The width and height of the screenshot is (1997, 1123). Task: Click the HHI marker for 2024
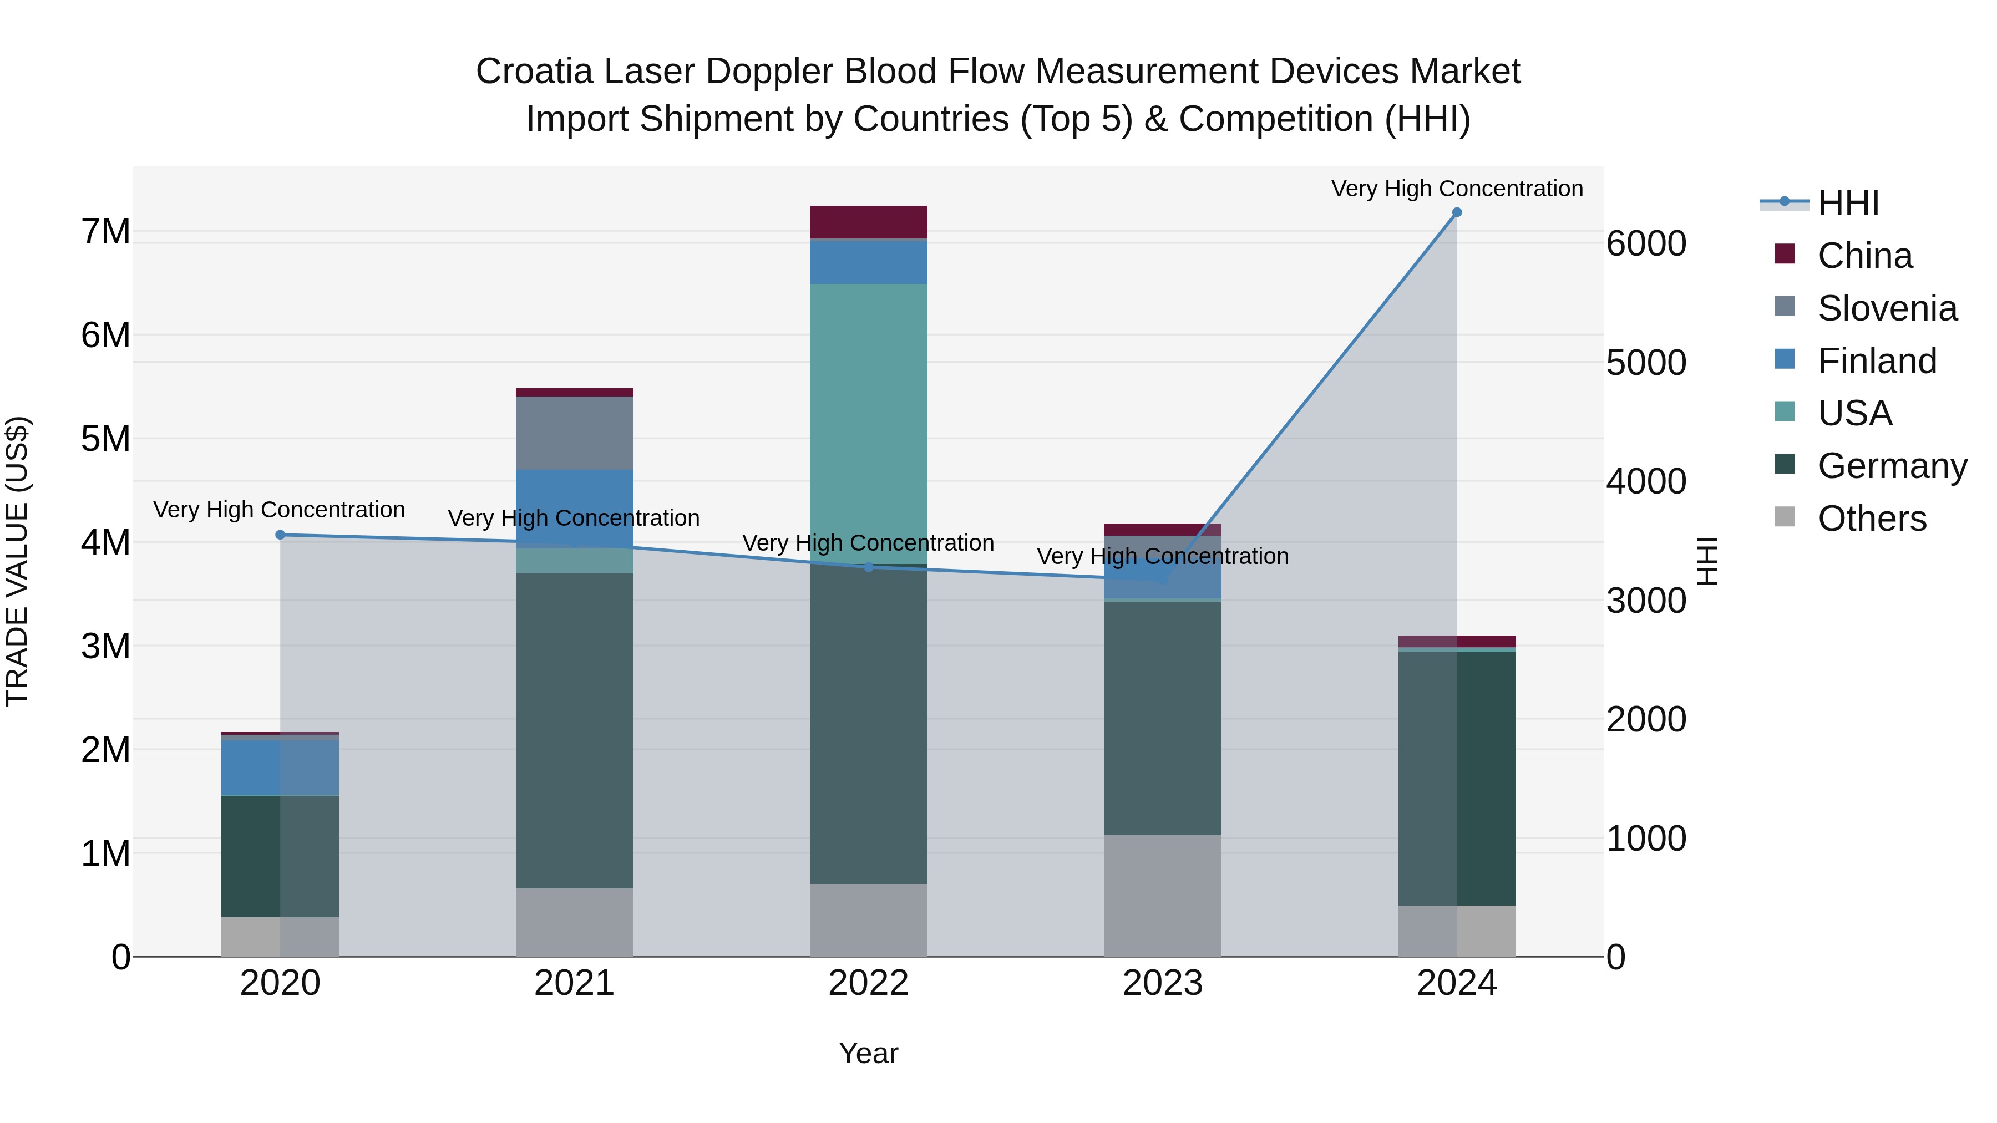pos(1457,212)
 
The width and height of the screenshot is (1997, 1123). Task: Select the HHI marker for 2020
pos(281,535)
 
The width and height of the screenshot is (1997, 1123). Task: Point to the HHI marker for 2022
pos(868,567)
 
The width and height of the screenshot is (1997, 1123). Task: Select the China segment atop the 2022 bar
pos(868,222)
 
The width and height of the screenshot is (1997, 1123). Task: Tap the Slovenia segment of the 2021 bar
pos(575,433)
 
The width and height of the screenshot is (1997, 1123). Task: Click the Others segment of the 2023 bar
pos(1162,895)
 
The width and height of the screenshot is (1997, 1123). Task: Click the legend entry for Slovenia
pos(1887,308)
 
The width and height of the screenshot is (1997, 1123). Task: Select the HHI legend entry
pos(1848,203)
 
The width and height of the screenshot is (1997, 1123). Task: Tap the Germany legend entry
pos(1892,466)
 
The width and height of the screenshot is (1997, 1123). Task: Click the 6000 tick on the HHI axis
pos(1646,243)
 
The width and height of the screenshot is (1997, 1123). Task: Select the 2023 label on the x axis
pos(1162,983)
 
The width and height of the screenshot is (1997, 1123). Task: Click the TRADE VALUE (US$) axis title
pos(17,561)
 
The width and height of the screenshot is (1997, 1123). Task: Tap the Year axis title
pos(868,1053)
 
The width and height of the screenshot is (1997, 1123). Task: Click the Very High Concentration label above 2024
pos(1457,189)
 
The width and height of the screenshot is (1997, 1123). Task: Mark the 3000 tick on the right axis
pos(1646,601)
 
